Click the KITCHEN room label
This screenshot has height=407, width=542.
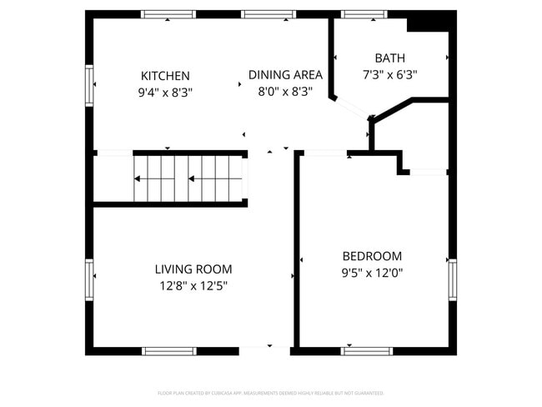coord(165,76)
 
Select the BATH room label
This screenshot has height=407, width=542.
coord(389,58)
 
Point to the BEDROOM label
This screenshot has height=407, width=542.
coord(372,256)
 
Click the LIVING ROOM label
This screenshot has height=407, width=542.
coord(193,269)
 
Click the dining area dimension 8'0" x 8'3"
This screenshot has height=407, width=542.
coord(284,93)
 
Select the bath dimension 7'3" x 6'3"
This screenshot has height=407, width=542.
coord(389,74)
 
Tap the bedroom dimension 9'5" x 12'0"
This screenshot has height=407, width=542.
coord(373,273)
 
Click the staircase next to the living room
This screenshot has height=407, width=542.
coord(188,178)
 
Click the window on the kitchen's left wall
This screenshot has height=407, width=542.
coord(89,86)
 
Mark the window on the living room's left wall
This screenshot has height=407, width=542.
coord(89,279)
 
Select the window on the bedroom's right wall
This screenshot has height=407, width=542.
coord(453,279)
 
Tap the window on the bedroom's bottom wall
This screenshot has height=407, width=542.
coord(367,351)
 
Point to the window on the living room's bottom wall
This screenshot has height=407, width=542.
coord(169,351)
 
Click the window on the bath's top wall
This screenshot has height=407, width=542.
coord(359,14)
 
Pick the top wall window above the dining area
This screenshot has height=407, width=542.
coord(268,14)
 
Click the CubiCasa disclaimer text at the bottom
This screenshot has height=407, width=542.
coord(270,393)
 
